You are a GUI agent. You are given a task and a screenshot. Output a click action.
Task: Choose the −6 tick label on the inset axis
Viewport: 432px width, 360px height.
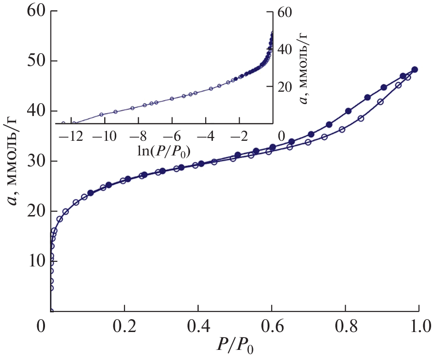click(172, 137)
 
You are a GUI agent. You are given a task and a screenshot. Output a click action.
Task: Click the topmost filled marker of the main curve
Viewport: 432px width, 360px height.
click(415, 70)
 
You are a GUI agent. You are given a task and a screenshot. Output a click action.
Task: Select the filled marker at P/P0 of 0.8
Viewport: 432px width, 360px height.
click(348, 111)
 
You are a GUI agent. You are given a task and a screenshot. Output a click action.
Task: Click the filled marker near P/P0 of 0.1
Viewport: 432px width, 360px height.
click(90, 193)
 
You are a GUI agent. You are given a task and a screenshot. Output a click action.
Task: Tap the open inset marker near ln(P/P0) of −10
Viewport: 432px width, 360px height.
click(101, 114)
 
